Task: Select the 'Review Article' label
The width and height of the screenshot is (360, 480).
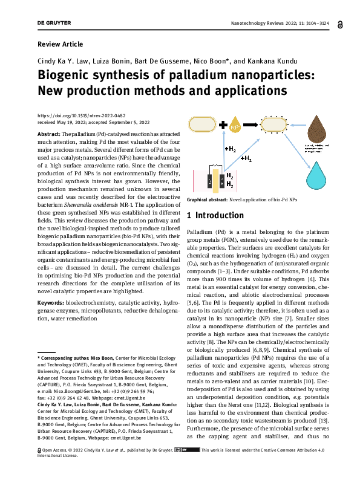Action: pos(60,44)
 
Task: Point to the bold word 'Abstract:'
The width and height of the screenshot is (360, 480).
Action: pos(49,132)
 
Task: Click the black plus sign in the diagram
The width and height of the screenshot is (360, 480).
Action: pos(224,126)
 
